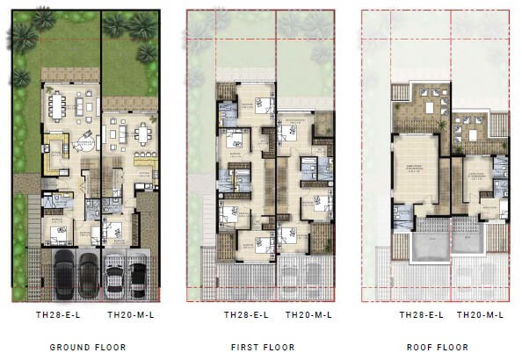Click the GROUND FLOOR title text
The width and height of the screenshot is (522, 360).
pyautogui.click(x=87, y=347)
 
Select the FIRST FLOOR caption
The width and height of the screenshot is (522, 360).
pyautogui.click(x=262, y=347)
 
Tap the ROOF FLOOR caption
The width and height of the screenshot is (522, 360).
pyautogui.click(x=438, y=347)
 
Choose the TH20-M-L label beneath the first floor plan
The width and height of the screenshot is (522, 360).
pyautogui.click(x=305, y=313)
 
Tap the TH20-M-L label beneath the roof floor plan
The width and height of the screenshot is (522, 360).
pyautogui.click(x=481, y=313)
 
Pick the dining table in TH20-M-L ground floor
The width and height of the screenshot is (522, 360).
pyautogui.click(x=142, y=134)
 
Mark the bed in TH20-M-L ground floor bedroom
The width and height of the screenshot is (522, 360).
pyautogui.click(x=116, y=230)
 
